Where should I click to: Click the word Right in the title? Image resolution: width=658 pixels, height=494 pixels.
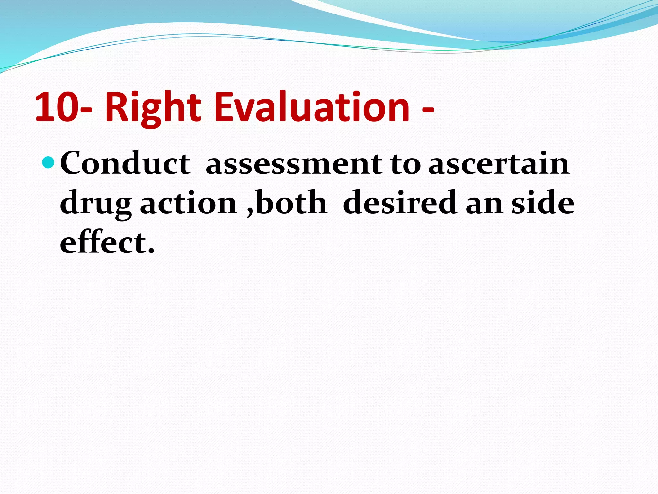(153, 108)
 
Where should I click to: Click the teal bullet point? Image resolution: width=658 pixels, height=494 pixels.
(49, 163)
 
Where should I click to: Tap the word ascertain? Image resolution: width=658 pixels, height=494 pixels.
(499, 164)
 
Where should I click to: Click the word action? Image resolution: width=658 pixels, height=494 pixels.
(189, 203)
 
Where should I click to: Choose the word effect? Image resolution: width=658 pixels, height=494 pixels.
(103, 242)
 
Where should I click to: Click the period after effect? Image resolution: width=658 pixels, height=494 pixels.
(151, 251)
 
